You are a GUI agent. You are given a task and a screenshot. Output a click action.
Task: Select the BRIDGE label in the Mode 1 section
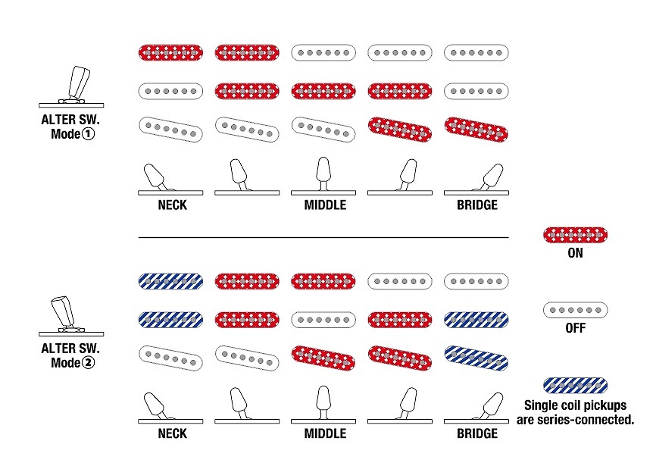coord(476,205)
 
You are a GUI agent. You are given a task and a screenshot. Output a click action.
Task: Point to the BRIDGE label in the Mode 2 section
coord(476,434)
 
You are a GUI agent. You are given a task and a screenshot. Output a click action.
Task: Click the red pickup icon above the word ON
coord(575,235)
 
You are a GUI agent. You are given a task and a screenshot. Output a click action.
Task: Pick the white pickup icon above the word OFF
coord(575,309)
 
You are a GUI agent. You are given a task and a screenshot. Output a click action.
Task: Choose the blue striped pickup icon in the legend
coord(575,386)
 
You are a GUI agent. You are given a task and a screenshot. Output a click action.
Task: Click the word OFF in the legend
coord(575,329)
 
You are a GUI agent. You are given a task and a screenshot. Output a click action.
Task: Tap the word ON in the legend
coord(575,253)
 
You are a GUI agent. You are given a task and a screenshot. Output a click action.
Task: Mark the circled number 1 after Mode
coord(96,133)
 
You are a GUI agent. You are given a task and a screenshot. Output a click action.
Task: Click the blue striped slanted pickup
coord(476,357)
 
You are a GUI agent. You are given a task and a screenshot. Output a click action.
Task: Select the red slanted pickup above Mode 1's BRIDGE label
coord(476,129)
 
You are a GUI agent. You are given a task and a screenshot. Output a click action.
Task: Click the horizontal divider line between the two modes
coord(323,238)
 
